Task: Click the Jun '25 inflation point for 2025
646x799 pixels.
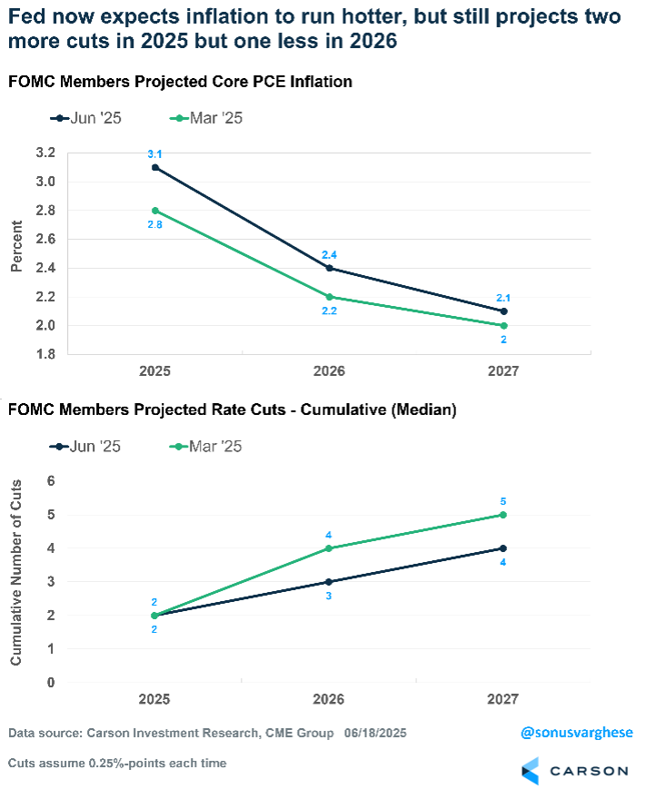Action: (154, 167)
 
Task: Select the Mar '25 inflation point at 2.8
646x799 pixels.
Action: (154, 210)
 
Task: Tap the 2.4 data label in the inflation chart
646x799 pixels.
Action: (329, 254)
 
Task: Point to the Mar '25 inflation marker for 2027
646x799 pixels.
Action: (503, 325)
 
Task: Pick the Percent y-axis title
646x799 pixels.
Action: (16, 252)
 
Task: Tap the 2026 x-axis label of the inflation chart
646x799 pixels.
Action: (329, 372)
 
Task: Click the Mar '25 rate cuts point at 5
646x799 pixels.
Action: (503, 515)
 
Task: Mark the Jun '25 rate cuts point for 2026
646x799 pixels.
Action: (329, 582)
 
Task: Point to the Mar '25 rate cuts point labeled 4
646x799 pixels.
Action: (329, 548)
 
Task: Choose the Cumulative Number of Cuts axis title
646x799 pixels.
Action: (16, 581)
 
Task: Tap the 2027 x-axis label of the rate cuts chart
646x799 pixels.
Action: (503, 700)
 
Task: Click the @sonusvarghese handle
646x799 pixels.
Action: (575, 732)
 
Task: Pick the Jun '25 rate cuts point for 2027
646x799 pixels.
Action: (503, 548)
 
